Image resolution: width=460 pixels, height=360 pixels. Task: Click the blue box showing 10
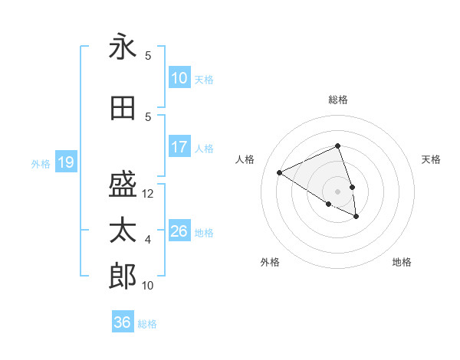tap(179, 78)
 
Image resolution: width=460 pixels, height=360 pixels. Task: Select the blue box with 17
tap(179, 147)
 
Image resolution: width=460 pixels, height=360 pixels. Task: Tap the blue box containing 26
tap(179, 231)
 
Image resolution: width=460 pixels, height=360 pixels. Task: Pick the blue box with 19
tap(65, 162)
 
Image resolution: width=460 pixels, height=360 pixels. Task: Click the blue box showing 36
tap(122, 322)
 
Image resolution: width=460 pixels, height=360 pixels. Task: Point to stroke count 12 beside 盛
tap(148, 194)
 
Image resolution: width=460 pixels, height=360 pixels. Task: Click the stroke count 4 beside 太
tap(148, 240)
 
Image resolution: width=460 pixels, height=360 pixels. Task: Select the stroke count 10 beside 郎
tap(148, 286)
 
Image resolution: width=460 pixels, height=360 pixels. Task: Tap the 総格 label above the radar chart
tap(337, 100)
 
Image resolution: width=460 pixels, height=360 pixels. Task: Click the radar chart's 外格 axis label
tap(270, 262)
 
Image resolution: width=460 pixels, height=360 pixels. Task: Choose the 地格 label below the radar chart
tap(402, 262)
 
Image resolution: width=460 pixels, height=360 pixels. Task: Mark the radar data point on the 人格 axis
tap(280, 172)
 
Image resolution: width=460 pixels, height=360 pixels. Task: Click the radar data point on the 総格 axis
tap(337, 146)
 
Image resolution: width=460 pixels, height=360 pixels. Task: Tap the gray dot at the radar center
tap(337, 191)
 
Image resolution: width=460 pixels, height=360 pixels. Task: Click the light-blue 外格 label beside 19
tap(40, 163)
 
